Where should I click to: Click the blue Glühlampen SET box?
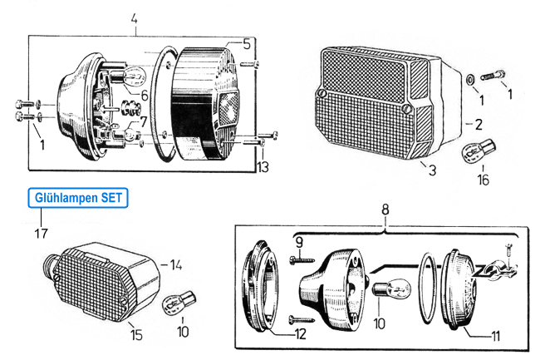78,198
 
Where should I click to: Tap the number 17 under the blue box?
41,234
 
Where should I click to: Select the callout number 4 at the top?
135,18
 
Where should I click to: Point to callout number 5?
247,44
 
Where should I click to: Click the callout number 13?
263,167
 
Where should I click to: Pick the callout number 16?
484,180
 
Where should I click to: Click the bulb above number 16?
479,150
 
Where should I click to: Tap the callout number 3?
432,170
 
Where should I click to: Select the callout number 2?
479,125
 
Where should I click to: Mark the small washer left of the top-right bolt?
469,80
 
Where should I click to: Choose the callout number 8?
385,210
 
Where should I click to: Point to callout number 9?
299,243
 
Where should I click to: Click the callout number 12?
300,334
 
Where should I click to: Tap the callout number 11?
495,336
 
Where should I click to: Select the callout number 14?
176,265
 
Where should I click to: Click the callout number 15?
136,335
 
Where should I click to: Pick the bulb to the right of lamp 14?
179,303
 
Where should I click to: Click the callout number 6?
145,96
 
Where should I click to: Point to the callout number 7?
143,121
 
